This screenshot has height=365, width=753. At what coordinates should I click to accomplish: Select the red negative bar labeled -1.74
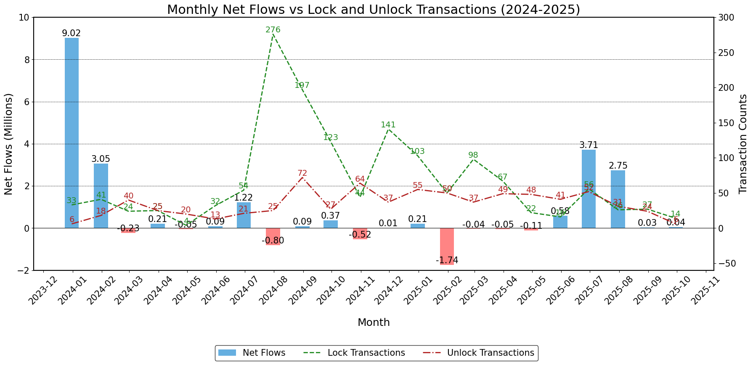coord(447,246)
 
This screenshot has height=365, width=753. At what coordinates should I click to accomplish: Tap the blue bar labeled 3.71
coord(589,189)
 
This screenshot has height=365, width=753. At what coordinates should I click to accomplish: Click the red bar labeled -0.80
coord(273,236)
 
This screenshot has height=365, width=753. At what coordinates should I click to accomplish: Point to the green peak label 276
coord(273,30)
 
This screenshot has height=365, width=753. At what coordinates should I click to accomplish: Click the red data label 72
coord(302,173)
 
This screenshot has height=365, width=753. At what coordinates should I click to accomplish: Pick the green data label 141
coord(388,125)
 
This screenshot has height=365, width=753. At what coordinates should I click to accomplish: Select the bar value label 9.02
coord(71,33)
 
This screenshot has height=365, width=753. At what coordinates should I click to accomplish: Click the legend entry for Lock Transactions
coord(366,353)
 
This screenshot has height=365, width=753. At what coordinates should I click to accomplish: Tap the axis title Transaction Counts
coord(743,144)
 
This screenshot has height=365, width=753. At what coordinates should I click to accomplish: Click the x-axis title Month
coord(374,323)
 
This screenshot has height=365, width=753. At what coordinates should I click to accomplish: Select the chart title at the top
coord(374,9)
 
